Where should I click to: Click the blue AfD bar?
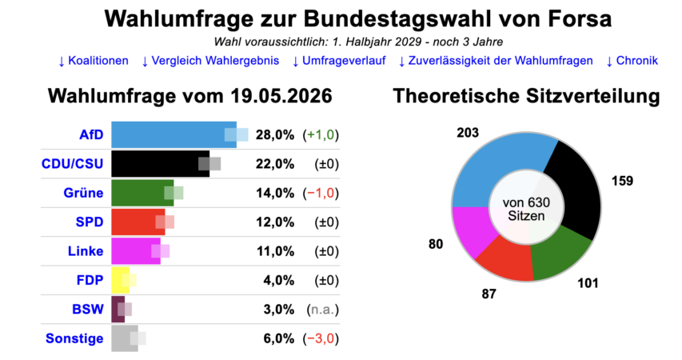pyautogui.click(x=174, y=134)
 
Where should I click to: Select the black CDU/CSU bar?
pyautogui.click(x=161, y=164)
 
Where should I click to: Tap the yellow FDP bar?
pyautogui.click(x=121, y=280)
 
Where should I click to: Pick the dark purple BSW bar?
pyautogui.click(x=118, y=309)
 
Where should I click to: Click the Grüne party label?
pyautogui.click(x=83, y=193)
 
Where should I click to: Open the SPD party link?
pyautogui.click(x=90, y=222)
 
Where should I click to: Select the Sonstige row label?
pyautogui.click(x=74, y=338)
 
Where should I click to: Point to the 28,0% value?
pyautogui.click(x=275, y=135)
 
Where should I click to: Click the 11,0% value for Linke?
pyautogui.click(x=275, y=251)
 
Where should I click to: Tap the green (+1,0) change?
pyautogui.click(x=321, y=135)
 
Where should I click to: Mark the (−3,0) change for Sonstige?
pyautogui.click(x=321, y=338)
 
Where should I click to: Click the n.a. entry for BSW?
pyautogui.click(x=323, y=310)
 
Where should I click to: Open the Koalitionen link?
pyautogui.click(x=94, y=61)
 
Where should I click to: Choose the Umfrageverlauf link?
pyautogui.click(x=339, y=61)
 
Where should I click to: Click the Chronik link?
pyautogui.click(x=632, y=61)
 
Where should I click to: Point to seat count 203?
pyautogui.click(x=468, y=132)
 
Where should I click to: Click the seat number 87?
pyautogui.click(x=489, y=294)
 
